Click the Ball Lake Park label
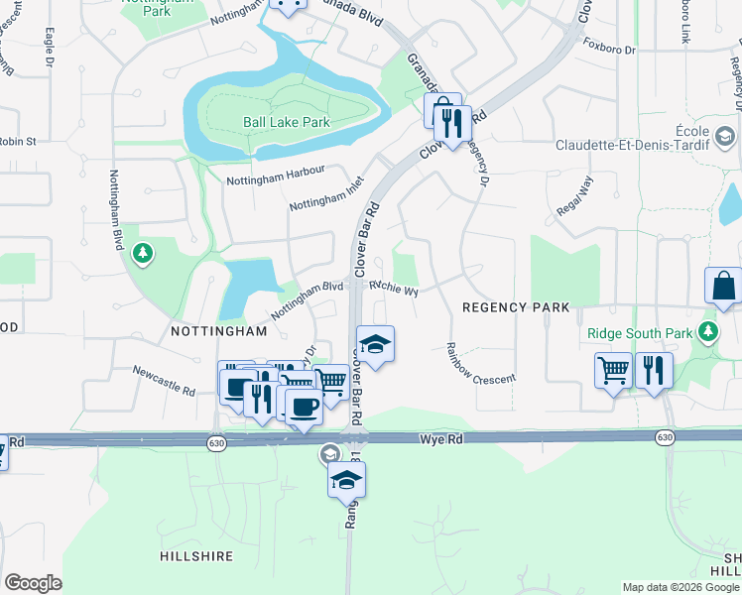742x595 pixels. click(286, 123)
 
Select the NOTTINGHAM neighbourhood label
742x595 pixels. click(219, 330)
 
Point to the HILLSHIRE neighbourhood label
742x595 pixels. click(195, 557)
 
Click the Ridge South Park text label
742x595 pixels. click(639, 333)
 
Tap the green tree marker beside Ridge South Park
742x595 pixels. click(709, 330)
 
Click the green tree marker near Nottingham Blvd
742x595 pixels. click(144, 254)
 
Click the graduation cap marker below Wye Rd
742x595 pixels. click(347, 479)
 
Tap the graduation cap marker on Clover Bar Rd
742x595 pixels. click(375, 344)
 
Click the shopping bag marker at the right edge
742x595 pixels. click(724, 286)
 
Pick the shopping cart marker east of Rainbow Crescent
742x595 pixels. click(613, 371)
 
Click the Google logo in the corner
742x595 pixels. click(33, 583)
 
